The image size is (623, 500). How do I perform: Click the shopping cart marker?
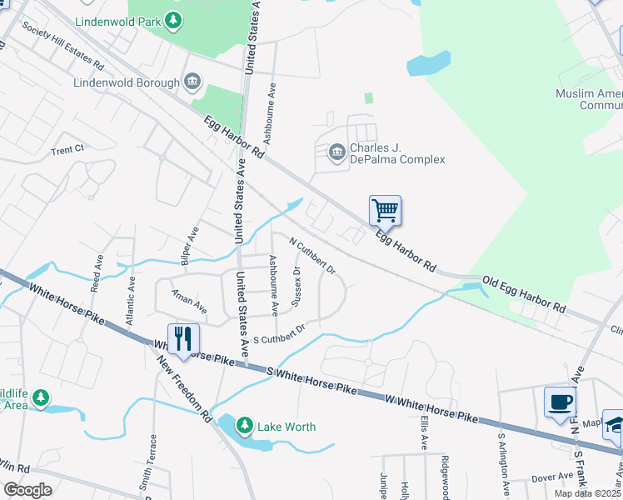tap(385, 210)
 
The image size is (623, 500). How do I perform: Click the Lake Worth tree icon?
tap(244, 426)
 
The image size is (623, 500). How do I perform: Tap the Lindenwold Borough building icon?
tap(192, 82)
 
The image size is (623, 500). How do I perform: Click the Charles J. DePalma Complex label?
tap(396, 154)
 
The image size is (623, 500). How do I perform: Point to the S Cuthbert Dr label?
tap(279, 333)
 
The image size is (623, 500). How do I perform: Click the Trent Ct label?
tap(67, 150)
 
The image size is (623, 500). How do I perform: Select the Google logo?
tap(27, 490)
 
